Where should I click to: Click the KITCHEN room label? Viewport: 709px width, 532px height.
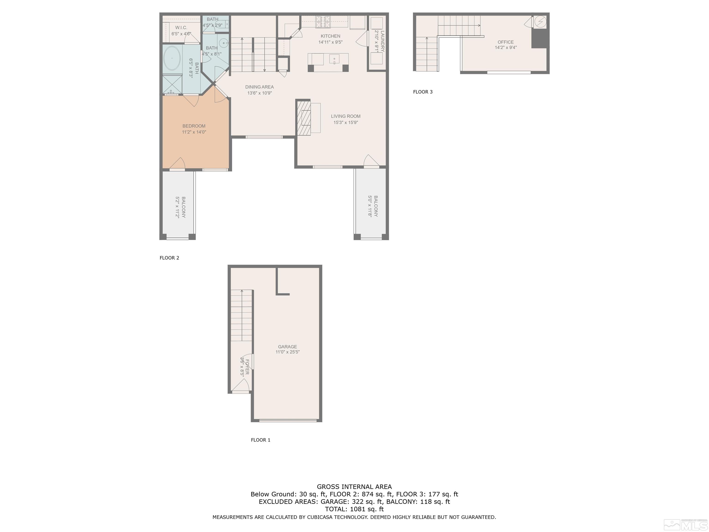(x=330, y=36)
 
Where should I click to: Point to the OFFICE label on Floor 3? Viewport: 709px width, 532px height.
(x=505, y=42)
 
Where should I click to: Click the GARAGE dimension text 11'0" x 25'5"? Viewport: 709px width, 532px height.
(x=288, y=352)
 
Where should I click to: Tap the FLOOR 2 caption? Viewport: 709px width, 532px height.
(x=169, y=258)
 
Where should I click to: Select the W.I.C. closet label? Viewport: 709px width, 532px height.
(x=181, y=27)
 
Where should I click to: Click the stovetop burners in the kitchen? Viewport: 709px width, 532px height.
(x=323, y=21)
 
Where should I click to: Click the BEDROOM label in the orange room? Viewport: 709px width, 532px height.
(x=194, y=126)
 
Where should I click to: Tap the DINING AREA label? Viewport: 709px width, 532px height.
(x=259, y=87)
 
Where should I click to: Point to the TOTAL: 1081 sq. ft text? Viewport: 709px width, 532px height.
(x=354, y=509)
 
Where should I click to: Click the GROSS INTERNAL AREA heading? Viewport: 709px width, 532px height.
(x=354, y=487)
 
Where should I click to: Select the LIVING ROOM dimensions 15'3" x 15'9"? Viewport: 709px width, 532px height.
(x=345, y=122)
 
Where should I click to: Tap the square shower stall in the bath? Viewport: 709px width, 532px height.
(x=172, y=84)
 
